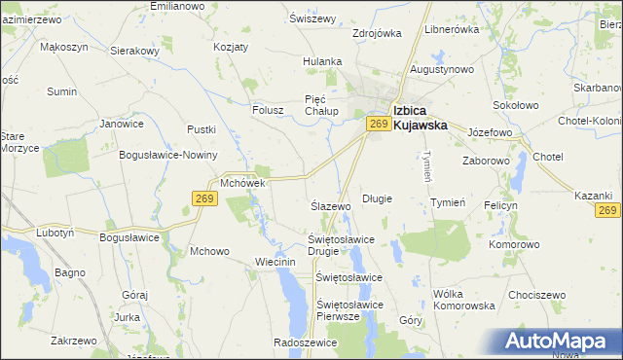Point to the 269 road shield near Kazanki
608,210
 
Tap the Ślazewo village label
330,207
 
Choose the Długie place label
377,198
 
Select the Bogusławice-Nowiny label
166,156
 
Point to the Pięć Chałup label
327,105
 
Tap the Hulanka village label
322,61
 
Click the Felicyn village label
500,206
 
